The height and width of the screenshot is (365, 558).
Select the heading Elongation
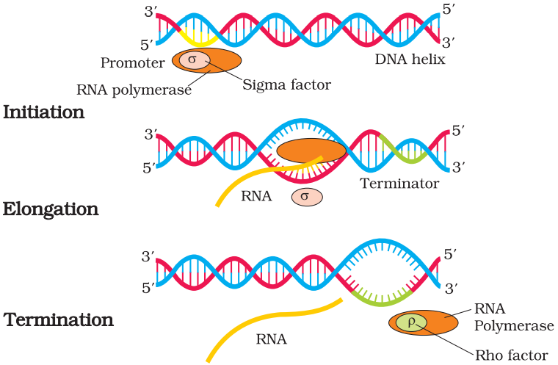[51, 209]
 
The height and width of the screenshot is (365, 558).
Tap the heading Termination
[59, 320]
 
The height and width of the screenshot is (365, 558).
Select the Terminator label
[399, 184]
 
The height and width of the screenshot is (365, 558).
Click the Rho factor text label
[512, 355]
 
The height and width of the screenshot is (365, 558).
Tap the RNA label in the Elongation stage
[257, 195]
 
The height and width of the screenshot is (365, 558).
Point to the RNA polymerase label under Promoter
[134, 90]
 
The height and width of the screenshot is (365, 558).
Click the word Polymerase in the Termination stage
[513, 325]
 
